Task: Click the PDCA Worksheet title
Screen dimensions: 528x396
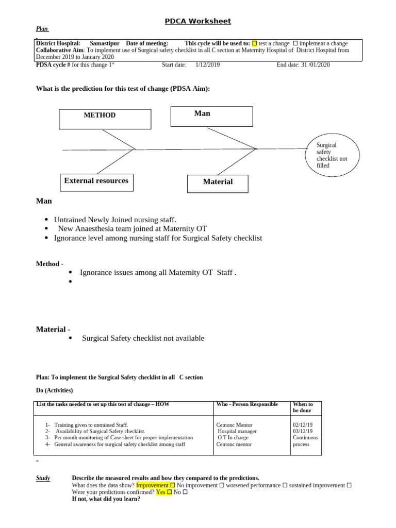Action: [x=198, y=21]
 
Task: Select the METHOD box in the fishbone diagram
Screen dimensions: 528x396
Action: [x=105, y=119]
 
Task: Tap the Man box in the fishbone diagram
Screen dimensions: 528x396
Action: [x=212, y=117]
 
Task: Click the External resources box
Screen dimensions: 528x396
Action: [x=96, y=182]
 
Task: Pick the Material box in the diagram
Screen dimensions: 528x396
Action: [x=218, y=184]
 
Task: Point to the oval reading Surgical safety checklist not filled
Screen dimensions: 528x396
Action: [x=334, y=156]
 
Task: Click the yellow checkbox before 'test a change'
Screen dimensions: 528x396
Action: [x=254, y=44]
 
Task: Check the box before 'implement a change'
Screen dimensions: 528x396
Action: [x=295, y=44]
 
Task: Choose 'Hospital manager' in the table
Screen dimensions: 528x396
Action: [x=237, y=431]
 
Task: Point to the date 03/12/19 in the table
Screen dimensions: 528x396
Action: [x=302, y=431]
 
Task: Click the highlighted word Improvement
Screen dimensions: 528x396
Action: [x=152, y=485]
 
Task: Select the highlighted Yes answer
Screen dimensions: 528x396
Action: [x=161, y=492]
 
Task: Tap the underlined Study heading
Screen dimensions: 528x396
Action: [x=43, y=478]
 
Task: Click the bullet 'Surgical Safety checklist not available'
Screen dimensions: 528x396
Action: [x=143, y=338]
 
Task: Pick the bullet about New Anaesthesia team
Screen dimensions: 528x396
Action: [x=132, y=228]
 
